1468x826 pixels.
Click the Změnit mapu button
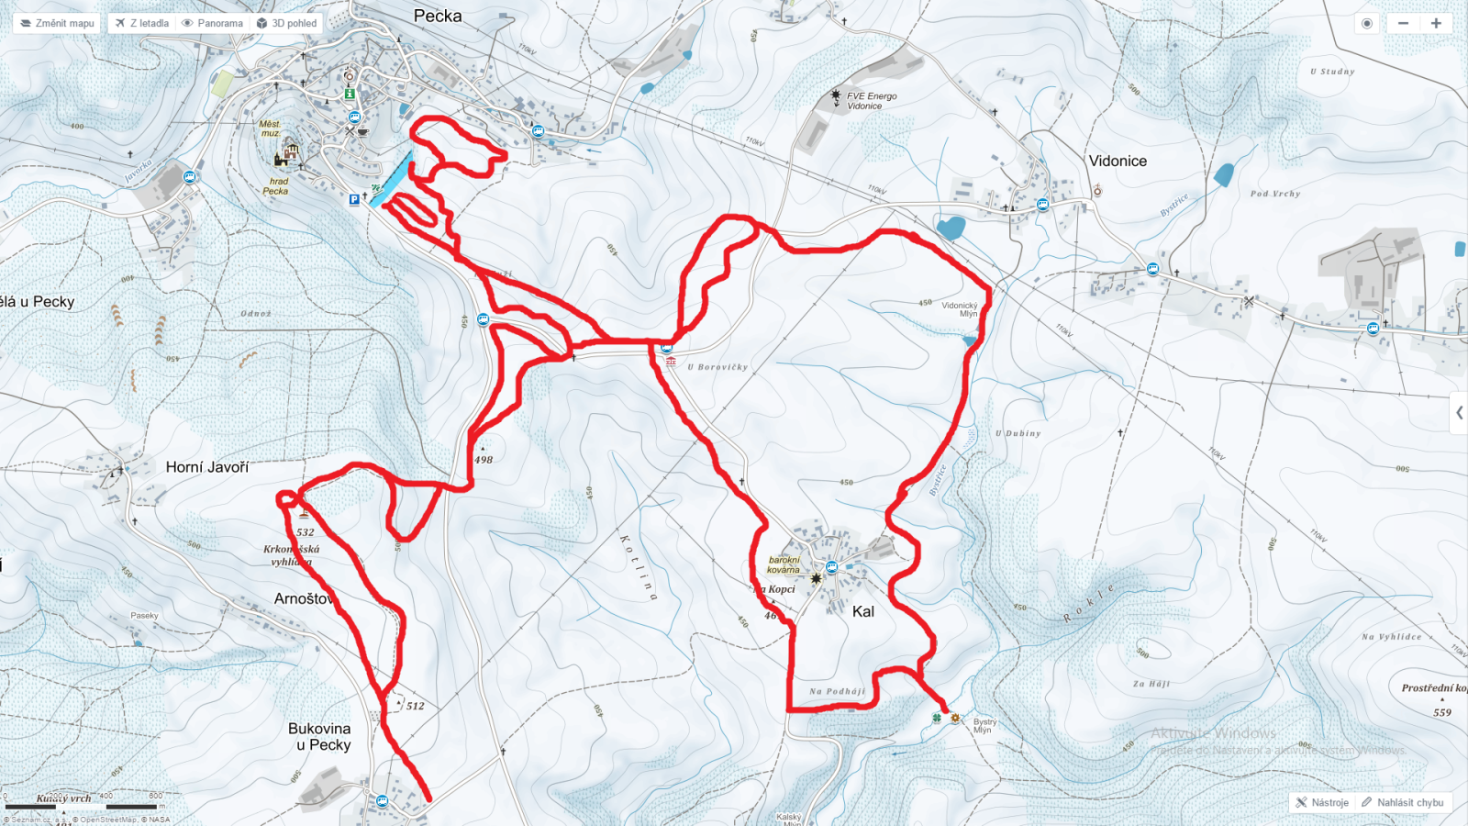click(57, 23)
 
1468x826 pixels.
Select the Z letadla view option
click(142, 23)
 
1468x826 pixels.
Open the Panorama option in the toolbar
click(213, 23)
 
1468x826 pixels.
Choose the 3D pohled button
click(287, 23)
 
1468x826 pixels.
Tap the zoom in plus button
click(1436, 23)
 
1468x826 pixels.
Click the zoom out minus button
click(1403, 23)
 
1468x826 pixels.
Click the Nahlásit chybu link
click(1403, 802)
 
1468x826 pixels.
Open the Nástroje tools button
click(1322, 802)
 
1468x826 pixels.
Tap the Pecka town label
click(438, 16)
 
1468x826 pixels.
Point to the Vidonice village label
click(1118, 161)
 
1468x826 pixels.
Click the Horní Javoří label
click(207, 467)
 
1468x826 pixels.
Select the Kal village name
click(863, 611)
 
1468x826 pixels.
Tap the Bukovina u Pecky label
click(320, 737)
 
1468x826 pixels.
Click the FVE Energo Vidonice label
click(871, 101)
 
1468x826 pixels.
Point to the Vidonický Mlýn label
click(960, 309)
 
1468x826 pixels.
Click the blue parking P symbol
click(354, 199)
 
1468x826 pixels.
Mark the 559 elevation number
click(1442, 712)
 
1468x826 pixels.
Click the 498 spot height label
click(484, 460)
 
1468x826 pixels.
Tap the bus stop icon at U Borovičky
click(667, 347)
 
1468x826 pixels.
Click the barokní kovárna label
click(784, 564)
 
